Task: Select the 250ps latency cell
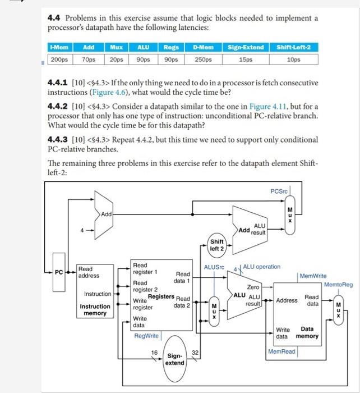click(203, 58)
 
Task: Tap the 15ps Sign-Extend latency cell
click(244, 58)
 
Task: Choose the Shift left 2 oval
click(217, 245)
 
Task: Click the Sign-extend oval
click(174, 359)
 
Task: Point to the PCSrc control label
click(279, 191)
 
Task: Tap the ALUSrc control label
click(214, 267)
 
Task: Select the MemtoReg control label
click(338, 285)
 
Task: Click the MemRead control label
click(281, 351)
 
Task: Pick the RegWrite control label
click(147, 336)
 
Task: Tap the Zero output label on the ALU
click(253, 287)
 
